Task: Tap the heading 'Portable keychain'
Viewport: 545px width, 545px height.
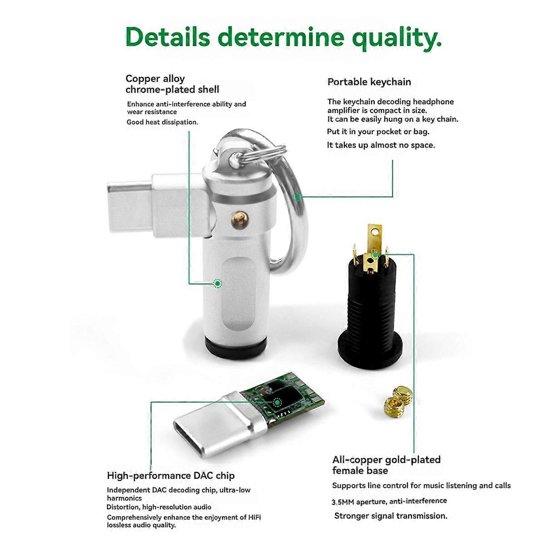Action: coord(369,82)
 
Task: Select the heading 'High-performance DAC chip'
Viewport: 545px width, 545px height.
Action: coord(171,476)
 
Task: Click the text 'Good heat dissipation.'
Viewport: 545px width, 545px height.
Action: coord(162,122)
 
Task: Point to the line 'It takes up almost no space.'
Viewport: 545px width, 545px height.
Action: coord(381,145)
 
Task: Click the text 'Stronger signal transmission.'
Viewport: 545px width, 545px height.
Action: coord(391,515)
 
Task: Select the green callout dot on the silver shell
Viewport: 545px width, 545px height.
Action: coord(218,283)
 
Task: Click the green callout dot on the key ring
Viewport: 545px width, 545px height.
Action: coord(297,197)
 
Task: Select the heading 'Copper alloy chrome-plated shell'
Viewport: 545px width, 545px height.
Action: coord(172,84)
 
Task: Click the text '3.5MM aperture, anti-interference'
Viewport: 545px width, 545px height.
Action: coord(389,501)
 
